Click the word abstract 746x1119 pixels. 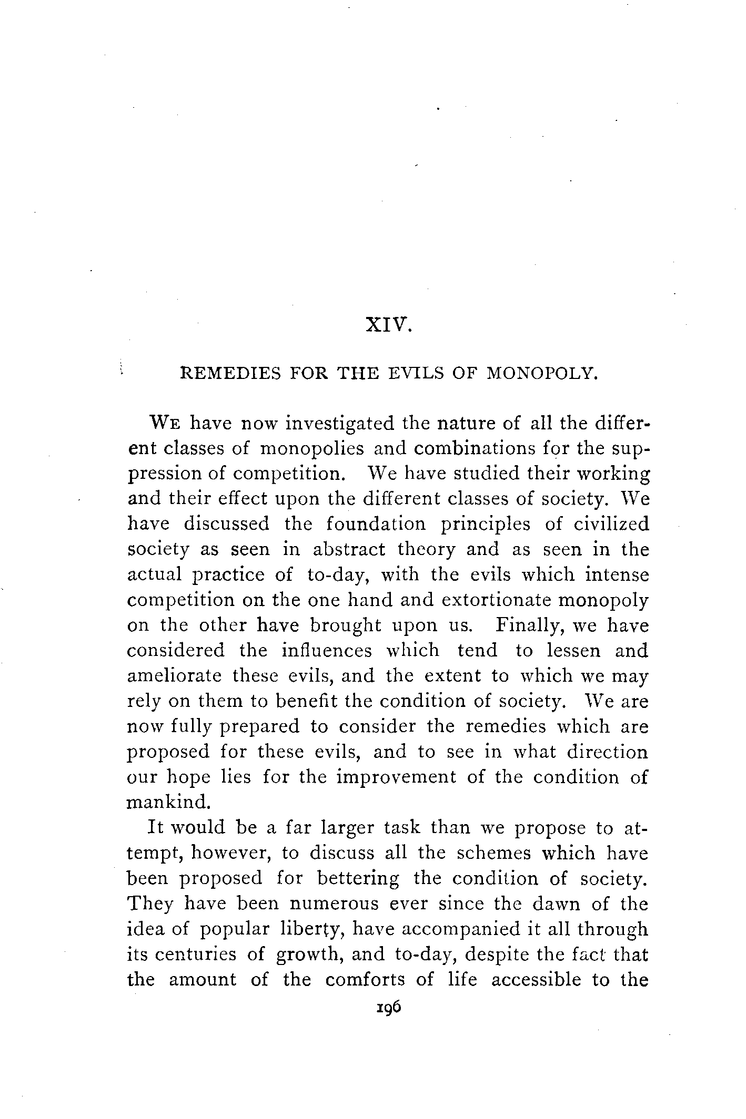point(349,549)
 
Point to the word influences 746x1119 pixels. point(327,651)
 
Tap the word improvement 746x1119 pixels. point(396,777)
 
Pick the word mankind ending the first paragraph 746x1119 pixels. point(168,802)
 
